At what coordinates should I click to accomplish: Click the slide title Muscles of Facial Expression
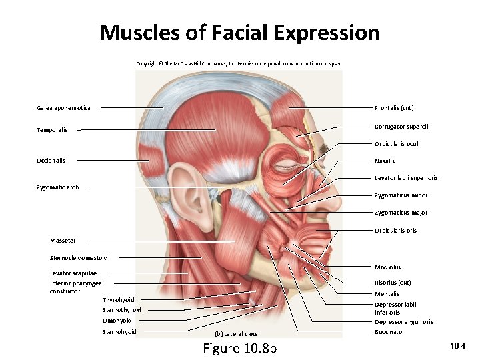click(239, 33)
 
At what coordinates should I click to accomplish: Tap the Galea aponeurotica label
click(64, 108)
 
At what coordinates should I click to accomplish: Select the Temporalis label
click(52, 130)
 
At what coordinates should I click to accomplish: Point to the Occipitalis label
click(51, 161)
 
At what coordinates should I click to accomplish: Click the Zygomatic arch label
click(57, 187)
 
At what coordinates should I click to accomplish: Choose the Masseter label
click(63, 241)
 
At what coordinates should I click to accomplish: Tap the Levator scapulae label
click(73, 273)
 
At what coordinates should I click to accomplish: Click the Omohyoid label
click(117, 321)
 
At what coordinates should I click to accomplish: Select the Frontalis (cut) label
click(395, 108)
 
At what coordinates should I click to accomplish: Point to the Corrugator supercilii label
click(403, 126)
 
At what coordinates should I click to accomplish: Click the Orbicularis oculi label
click(397, 143)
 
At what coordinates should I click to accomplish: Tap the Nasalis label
click(385, 161)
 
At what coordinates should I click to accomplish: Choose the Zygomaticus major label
click(401, 213)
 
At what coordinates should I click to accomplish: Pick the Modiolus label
click(387, 267)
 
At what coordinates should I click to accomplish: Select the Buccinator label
click(389, 332)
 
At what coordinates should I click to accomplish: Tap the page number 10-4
click(458, 346)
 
